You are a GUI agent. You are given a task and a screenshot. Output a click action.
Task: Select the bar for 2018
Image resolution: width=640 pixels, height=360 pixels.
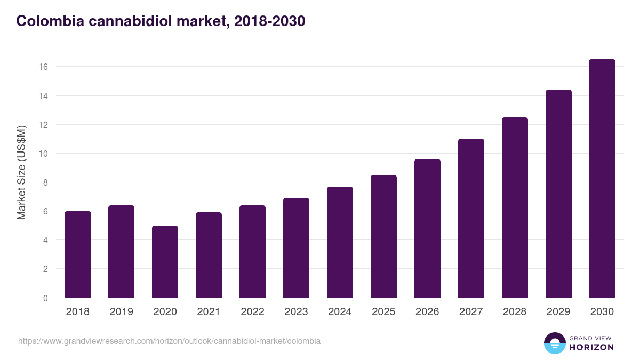78,254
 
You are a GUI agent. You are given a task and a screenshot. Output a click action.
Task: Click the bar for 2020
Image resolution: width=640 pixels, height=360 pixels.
165,261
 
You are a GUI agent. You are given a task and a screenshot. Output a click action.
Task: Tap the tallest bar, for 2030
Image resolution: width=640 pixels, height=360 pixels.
602,179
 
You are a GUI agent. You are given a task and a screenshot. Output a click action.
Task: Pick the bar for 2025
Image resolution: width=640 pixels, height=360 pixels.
384,236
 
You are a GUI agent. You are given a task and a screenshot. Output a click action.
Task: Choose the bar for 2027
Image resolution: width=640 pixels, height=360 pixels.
471,218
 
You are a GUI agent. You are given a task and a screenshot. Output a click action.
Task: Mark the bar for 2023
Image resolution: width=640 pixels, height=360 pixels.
297,248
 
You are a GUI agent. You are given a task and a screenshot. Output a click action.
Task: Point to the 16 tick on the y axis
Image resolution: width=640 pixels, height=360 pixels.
43,67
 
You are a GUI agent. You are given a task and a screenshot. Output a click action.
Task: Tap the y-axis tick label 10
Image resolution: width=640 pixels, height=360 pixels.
43,154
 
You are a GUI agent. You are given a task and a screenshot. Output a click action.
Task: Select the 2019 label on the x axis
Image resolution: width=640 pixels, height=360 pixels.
122,312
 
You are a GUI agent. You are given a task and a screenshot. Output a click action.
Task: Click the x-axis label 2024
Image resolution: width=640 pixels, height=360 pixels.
340,312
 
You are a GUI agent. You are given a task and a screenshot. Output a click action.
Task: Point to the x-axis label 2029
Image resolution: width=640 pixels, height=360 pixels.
558,312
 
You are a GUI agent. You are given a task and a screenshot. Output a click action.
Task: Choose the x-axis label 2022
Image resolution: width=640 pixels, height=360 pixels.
253,312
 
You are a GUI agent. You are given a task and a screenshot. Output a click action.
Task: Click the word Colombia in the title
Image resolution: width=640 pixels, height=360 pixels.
45,21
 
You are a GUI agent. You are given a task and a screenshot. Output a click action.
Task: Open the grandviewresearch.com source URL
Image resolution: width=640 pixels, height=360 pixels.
169,341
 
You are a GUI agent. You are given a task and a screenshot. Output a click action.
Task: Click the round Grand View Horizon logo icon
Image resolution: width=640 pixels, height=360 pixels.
554,343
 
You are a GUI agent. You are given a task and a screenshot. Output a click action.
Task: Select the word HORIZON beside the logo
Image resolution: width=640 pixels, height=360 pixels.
592,347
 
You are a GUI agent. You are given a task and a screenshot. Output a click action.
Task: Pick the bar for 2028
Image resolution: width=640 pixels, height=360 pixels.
515,207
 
